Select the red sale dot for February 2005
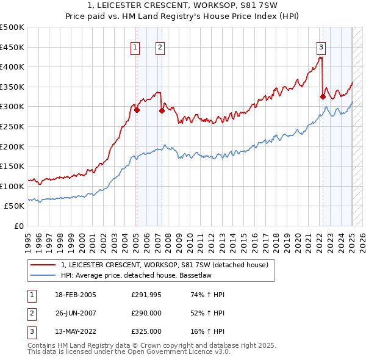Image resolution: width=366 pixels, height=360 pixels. click(137, 110)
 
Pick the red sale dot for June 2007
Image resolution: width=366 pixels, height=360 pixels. click(162, 111)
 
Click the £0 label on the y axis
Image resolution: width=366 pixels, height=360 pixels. click(18, 226)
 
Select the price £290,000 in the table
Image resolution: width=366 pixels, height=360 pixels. click(146, 313)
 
